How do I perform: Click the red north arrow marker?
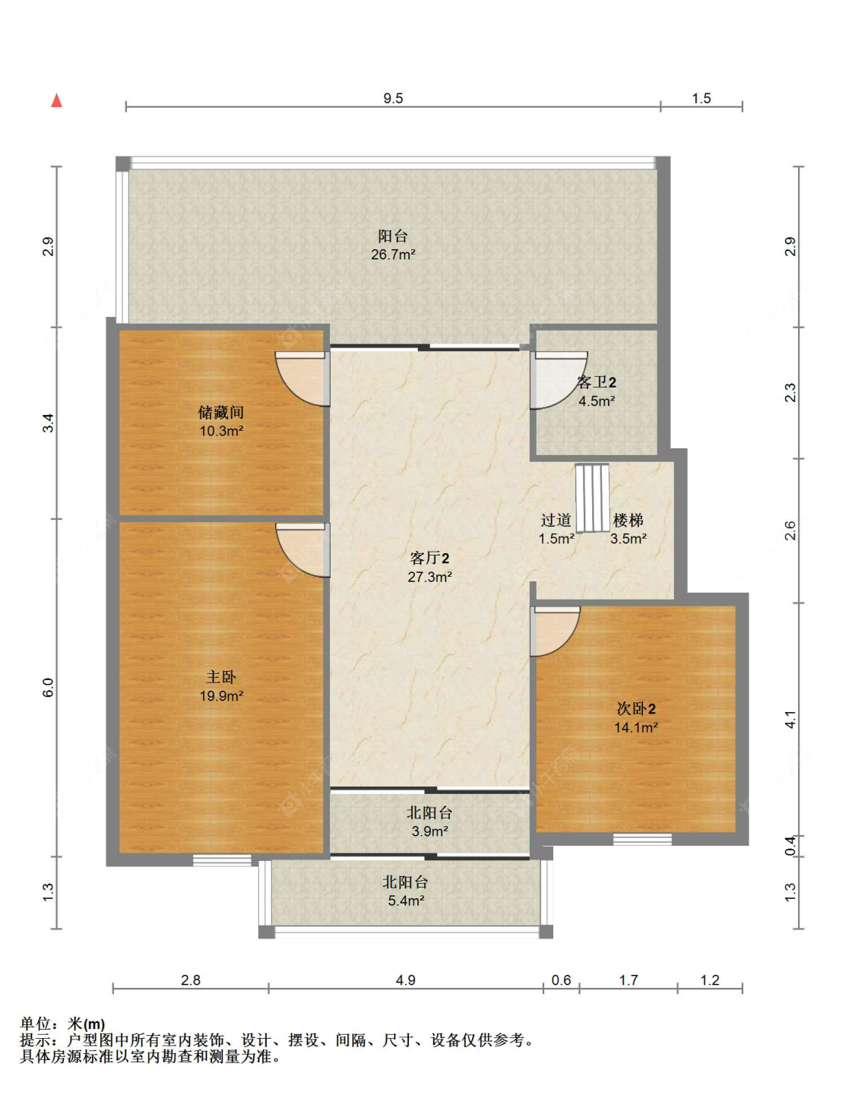[56, 100]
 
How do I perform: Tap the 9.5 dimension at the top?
[393, 98]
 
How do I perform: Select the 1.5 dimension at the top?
[701, 98]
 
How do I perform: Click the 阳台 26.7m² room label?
[393, 245]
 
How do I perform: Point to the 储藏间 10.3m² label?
[221, 421]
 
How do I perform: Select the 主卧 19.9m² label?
[221, 685]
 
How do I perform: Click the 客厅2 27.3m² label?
[429, 567]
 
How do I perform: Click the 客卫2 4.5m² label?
[597, 391]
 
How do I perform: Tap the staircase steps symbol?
[592, 498]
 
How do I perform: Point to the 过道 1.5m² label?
[556, 529]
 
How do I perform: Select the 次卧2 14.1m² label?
[636, 717]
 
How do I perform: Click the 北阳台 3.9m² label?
[429, 821]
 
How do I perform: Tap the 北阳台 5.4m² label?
[406, 891]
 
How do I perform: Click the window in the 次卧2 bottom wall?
[642, 840]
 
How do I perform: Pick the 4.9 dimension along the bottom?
[405, 980]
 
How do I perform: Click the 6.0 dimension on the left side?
[48, 687]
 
